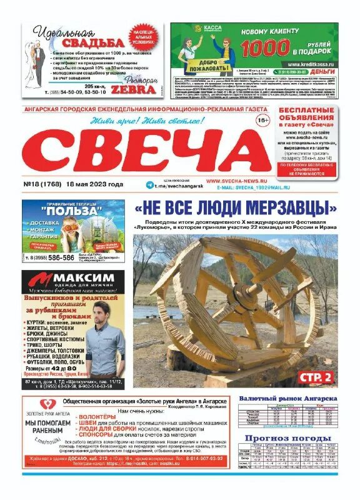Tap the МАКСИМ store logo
click(78, 278)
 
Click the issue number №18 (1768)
click(47, 184)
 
